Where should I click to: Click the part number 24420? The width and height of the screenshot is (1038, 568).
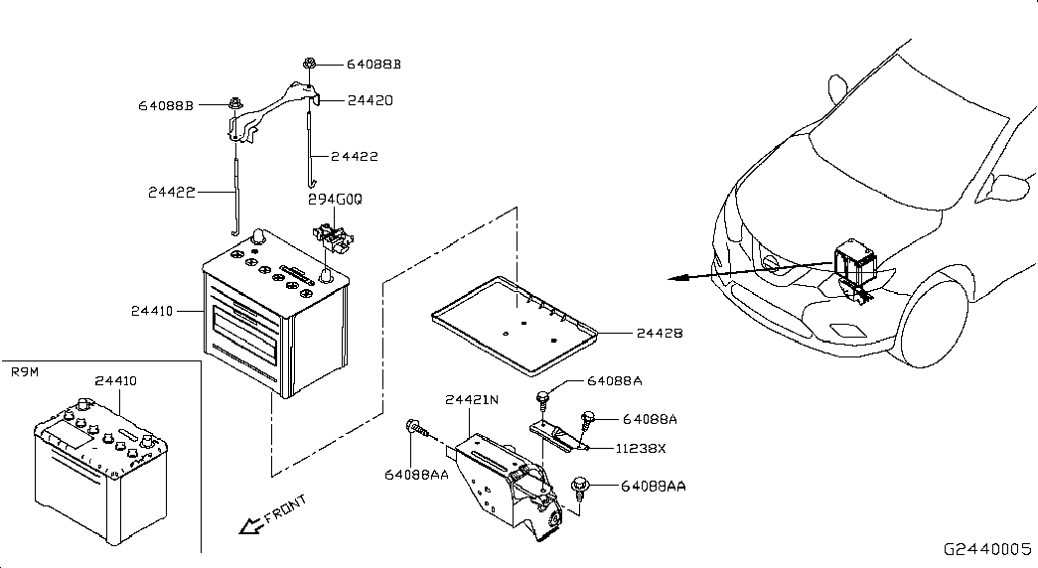(x=371, y=100)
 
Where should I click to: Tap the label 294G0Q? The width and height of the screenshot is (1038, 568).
(x=335, y=200)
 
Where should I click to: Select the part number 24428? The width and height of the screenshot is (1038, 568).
(x=660, y=333)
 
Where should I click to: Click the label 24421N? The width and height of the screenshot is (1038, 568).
(x=472, y=400)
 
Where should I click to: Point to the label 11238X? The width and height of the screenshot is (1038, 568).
(x=641, y=448)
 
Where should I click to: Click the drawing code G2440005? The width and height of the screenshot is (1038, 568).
(x=987, y=549)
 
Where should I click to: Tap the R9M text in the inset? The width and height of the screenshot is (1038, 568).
(x=25, y=372)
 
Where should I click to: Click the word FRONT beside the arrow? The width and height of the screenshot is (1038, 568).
(x=285, y=508)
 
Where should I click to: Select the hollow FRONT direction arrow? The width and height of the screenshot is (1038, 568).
(x=251, y=525)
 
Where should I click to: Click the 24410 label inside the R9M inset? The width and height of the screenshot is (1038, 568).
(x=116, y=380)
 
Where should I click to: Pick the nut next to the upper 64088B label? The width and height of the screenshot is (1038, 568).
(x=309, y=65)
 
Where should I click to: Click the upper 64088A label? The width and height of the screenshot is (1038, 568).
(x=614, y=381)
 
